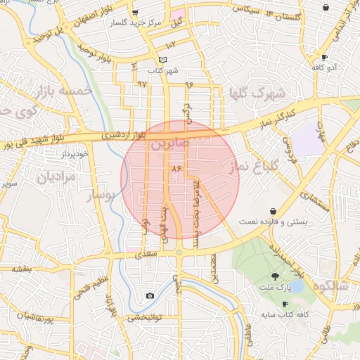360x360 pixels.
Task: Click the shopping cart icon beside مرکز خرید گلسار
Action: pos(135,12)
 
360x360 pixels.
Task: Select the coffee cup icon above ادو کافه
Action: pos(324,56)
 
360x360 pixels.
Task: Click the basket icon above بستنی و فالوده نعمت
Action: pos(273,210)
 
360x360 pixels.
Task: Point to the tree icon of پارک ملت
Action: pos(274,276)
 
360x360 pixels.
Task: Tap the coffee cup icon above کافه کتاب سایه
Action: pos(285,304)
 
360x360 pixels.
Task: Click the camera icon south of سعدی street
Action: pos(150,296)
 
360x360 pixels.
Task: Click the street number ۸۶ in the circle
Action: pos(175,169)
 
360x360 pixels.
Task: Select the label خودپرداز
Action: pos(74,153)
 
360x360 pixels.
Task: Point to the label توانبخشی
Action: pos(145,318)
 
